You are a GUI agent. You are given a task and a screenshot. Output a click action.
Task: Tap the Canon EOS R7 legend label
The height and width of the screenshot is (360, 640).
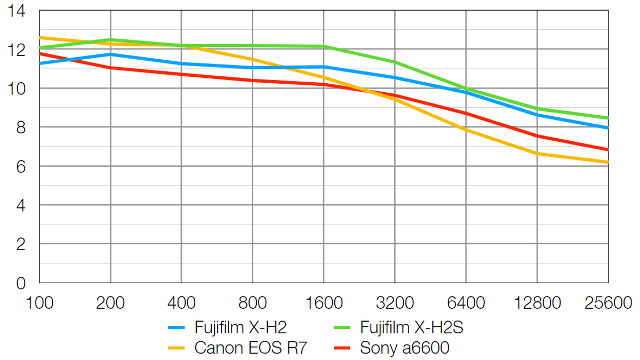(251, 348)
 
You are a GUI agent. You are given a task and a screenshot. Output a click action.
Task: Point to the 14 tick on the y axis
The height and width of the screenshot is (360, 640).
(18, 11)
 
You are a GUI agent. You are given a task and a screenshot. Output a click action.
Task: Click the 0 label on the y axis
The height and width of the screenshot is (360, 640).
(21, 283)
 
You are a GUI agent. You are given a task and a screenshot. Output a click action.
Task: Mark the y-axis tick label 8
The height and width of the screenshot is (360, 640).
(21, 127)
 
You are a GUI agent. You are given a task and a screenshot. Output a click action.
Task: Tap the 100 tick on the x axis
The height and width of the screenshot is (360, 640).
(39, 303)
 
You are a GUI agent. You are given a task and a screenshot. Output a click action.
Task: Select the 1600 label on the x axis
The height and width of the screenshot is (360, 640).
(323, 303)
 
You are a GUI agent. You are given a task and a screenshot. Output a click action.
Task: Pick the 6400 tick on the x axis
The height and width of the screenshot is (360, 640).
(466, 303)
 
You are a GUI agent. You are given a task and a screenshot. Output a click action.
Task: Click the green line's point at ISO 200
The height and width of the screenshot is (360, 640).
(110, 39)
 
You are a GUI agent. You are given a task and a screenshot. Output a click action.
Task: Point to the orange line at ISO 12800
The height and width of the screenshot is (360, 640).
(537, 154)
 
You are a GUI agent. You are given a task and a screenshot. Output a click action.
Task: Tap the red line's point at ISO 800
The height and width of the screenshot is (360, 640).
(252, 81)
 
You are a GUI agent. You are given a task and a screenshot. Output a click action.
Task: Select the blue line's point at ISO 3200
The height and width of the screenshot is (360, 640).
(395, 78)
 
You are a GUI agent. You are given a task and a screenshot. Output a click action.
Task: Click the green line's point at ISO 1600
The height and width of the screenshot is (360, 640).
(323, 46)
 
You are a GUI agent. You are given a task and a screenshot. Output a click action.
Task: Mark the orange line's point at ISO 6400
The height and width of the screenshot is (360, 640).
(466, 130)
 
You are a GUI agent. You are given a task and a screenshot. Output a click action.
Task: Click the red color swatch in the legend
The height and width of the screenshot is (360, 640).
(342, 348)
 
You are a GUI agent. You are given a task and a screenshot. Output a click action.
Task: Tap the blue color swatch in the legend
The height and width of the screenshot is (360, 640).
(177, 327)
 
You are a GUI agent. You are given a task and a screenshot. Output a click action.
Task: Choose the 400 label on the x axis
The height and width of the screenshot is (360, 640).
(181, 303)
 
